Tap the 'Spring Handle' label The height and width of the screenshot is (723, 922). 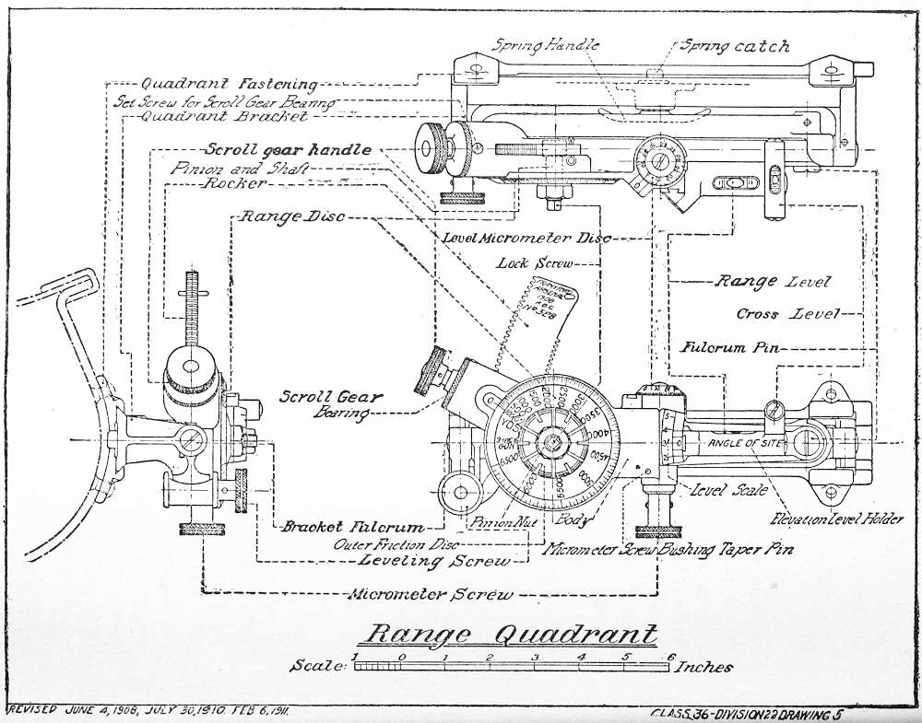point(545,44)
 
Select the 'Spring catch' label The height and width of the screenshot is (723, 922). point(735,45)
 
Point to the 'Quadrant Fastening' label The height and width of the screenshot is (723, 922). point(229,84)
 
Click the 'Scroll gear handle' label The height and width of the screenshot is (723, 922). point(288,149)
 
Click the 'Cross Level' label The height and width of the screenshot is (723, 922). point(787,314)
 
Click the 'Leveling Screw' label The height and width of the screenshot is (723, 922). point(433,560)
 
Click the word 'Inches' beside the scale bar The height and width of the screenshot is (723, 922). point(705,667)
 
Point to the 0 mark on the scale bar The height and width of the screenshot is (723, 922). point(401,657)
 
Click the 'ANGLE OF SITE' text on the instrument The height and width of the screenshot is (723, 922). point(743,443)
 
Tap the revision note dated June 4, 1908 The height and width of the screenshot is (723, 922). point(148,711)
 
